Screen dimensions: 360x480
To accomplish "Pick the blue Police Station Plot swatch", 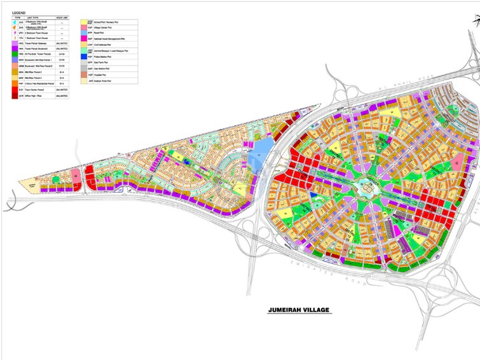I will coord(83,57).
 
